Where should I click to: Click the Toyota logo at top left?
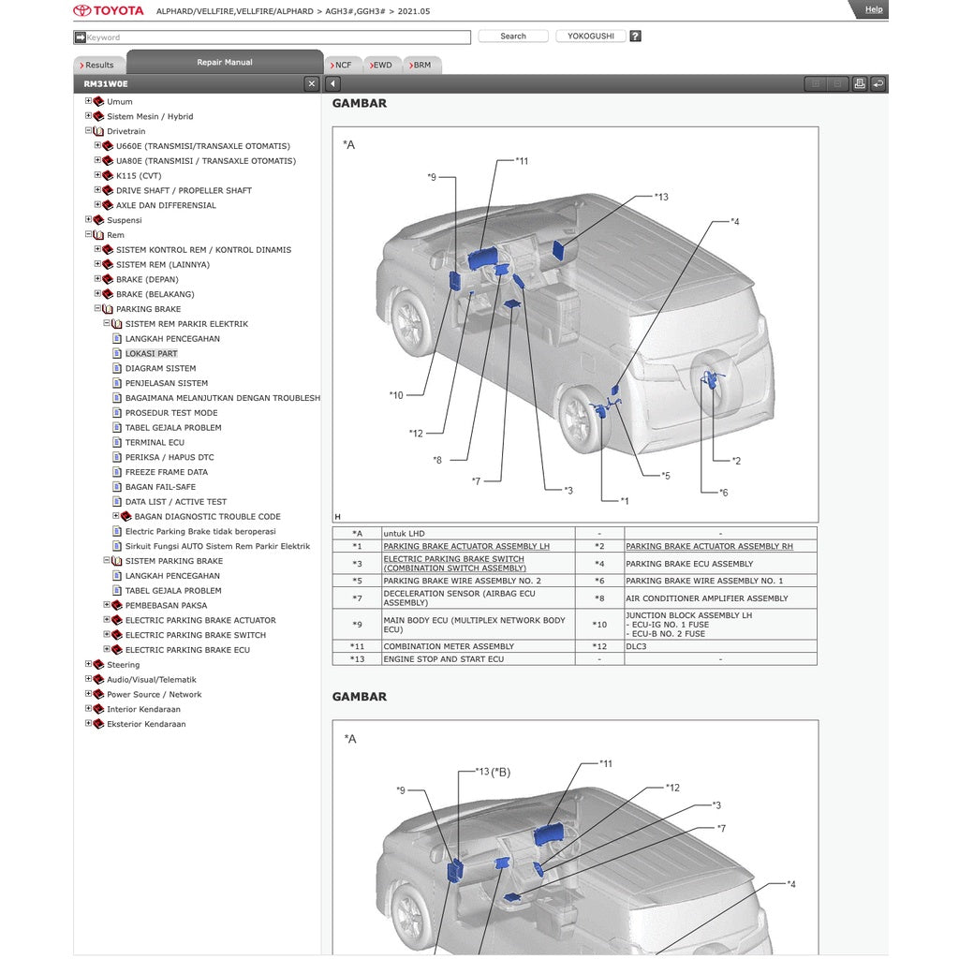point(109,10)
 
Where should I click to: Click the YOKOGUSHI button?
point(590,37)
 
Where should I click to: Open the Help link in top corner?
point(873,9)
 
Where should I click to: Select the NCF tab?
point(342,66)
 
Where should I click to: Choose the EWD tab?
point(381,66)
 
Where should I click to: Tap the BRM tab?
point(421,66)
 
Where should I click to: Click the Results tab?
point(98,66)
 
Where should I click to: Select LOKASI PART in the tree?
point(151,354)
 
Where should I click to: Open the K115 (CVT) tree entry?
point(139,176)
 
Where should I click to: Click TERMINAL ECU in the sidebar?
point(155,443)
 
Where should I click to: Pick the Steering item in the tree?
point(123,665)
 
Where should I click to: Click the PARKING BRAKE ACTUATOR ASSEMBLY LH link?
point(465,546)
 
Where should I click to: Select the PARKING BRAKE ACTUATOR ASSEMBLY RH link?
point(709,546)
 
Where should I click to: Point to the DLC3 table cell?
point(636,646)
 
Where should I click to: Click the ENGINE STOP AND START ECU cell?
point(443,659)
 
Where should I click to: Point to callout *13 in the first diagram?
point(661,197)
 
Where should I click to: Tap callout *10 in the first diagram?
point(396,395)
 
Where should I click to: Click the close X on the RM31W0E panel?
point(312,84)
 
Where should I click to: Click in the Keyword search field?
point(276,37)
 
